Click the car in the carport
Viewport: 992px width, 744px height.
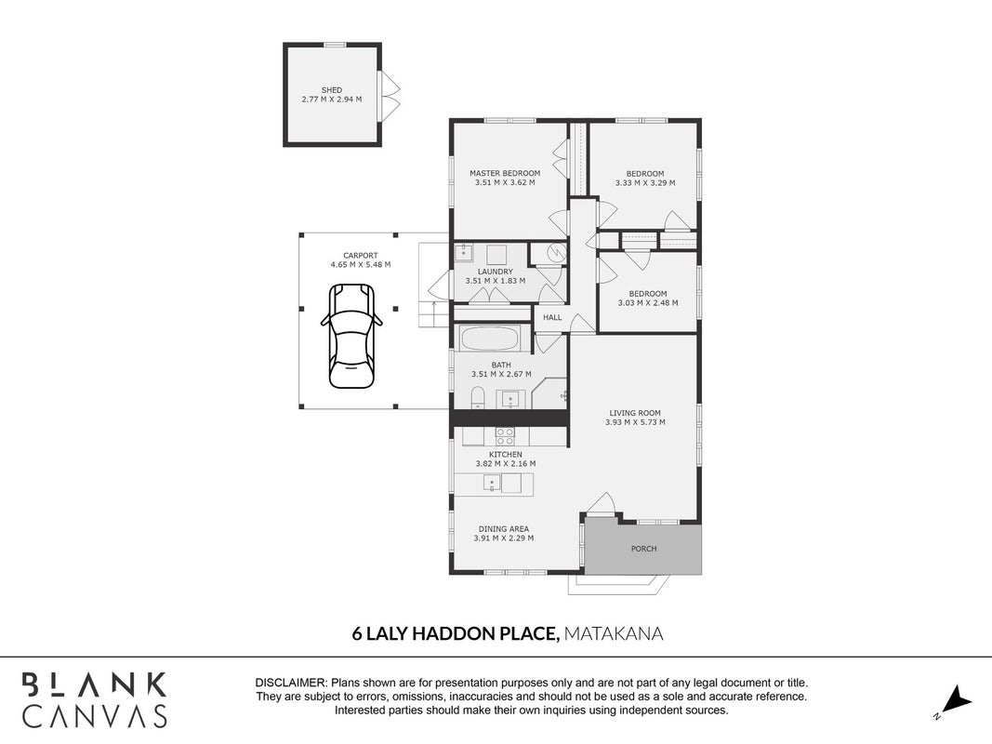coord(351,336)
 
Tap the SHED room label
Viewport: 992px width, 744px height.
coord(332,90)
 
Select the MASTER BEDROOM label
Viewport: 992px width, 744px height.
coord(505,173)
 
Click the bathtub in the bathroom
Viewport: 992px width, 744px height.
coord(490,339)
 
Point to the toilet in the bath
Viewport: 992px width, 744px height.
coord(478,398)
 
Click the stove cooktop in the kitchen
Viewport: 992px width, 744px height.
coord(505,436)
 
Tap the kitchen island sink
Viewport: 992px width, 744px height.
coord(492,484)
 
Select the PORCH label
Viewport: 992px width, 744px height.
coord(644,549)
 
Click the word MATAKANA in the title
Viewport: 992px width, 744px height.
coord(613,633)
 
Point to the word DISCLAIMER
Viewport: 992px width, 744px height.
coord(290,684)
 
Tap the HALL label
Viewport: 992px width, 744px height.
coord(552,317)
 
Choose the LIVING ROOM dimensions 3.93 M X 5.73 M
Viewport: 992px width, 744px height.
coord(635,422)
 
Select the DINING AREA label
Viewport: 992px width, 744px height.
coord(504,529)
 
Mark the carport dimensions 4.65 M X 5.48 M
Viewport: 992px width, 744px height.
coord(361,264)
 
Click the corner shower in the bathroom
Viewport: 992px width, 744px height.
coord(549,393)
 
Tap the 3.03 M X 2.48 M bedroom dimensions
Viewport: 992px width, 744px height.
coord(648,303)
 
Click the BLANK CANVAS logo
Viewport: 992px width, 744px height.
coord(94,699)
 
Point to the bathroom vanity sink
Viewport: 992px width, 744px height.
coord(509,399)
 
